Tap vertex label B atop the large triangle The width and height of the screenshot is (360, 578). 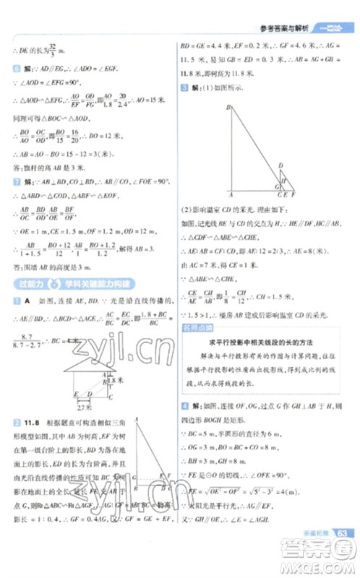coord(228,108)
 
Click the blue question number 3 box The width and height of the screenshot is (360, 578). coord(186,87)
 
